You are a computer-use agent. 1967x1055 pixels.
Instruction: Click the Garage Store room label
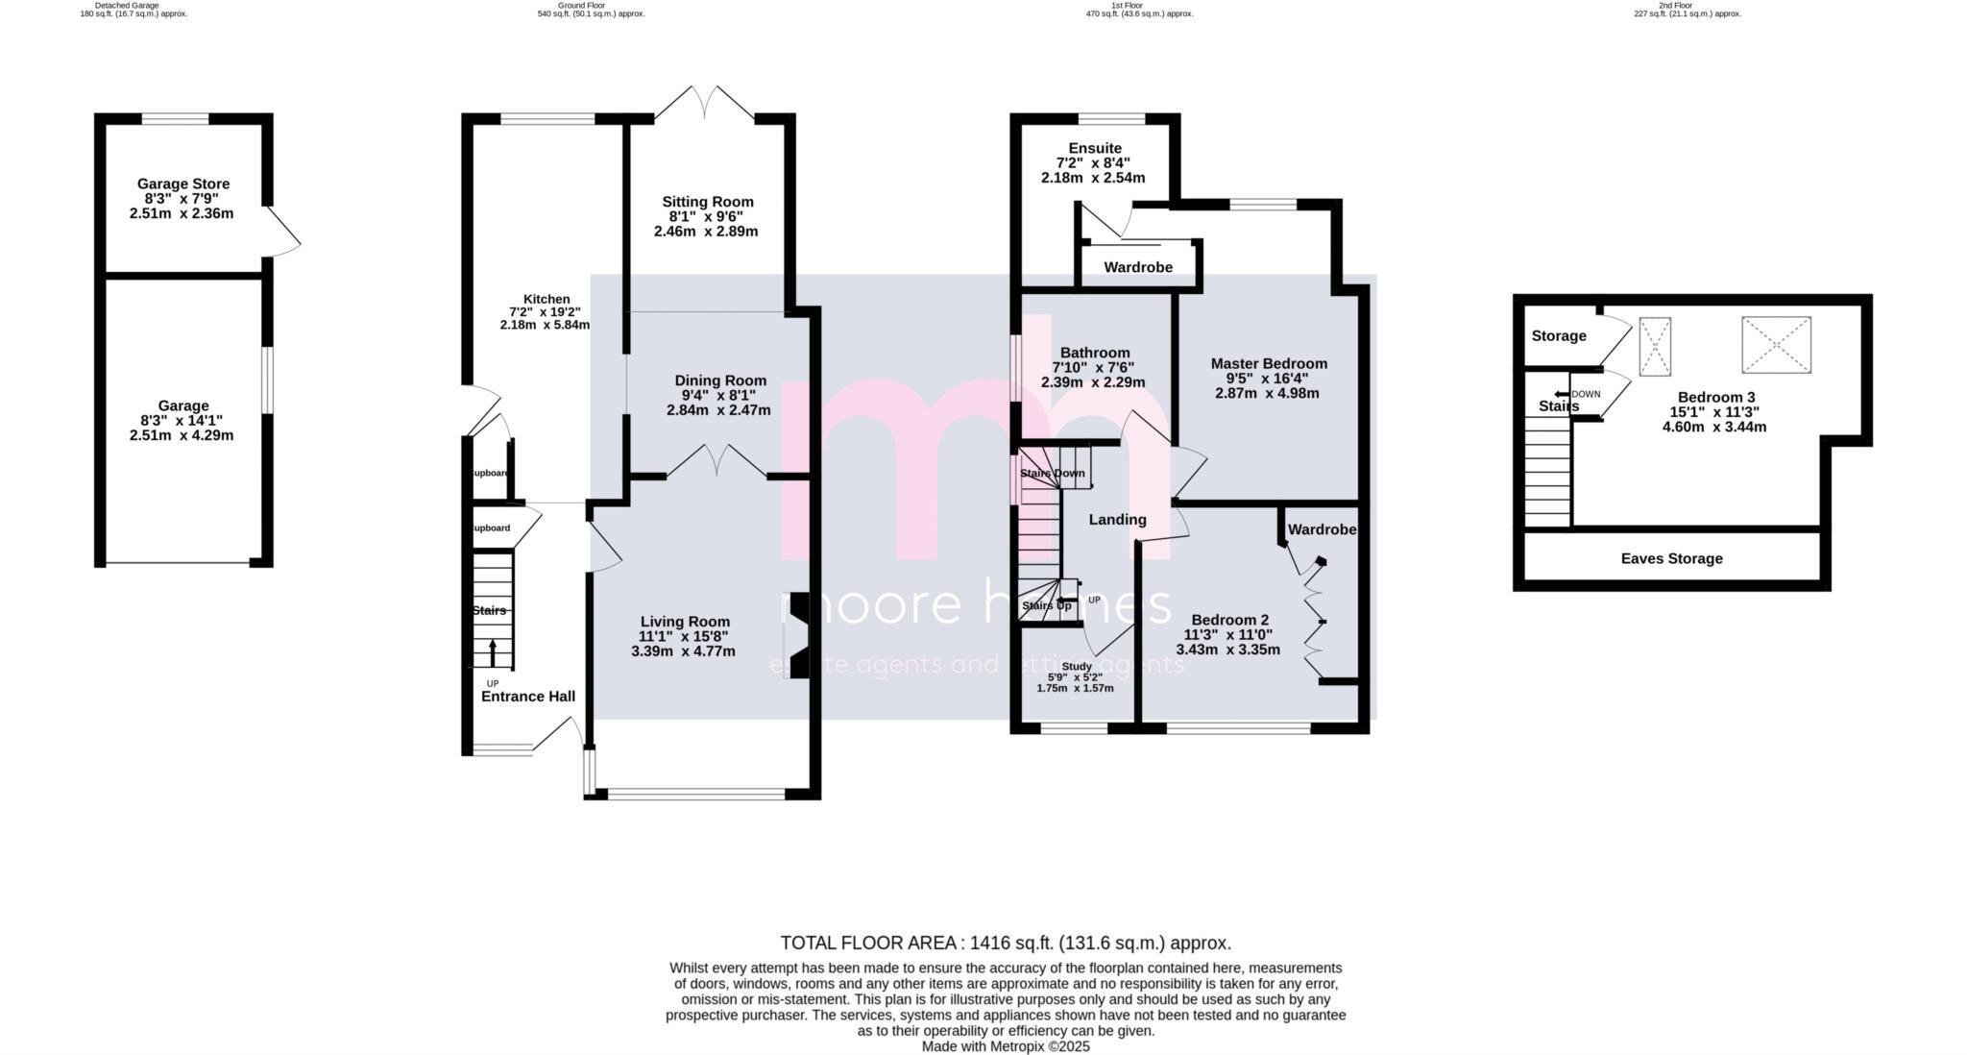click(182, 184)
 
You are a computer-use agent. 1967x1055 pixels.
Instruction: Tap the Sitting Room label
click(707, 202)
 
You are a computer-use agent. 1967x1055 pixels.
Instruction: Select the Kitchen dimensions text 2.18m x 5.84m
click(545, 326)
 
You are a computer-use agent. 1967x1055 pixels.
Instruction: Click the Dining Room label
click(719, 380)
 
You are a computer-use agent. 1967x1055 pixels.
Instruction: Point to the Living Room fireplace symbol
click(798, 636)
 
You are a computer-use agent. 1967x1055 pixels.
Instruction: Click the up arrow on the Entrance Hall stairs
click(494, 652)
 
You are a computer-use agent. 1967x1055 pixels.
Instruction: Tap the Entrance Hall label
click(527, 697)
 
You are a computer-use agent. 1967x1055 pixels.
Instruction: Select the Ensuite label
click(1094, 149)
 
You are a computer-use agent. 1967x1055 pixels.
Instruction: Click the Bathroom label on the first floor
click(1094, 353)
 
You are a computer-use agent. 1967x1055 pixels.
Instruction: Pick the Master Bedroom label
click(1268, 363)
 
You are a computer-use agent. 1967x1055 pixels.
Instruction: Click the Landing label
click(1117, 520)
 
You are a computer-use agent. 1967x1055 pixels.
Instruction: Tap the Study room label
click(1076, 666)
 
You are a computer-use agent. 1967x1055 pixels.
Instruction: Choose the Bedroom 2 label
click(1229, 620)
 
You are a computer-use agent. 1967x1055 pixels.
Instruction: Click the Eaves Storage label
click(1671, 558)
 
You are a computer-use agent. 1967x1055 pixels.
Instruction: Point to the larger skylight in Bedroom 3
click(1776, 345)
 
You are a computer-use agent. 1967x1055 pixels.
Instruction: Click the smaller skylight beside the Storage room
click(1654, 346)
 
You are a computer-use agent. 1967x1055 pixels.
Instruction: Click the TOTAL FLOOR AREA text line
click(1005, 943)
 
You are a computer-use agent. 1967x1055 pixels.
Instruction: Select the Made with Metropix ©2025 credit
click(1005, 1046)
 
